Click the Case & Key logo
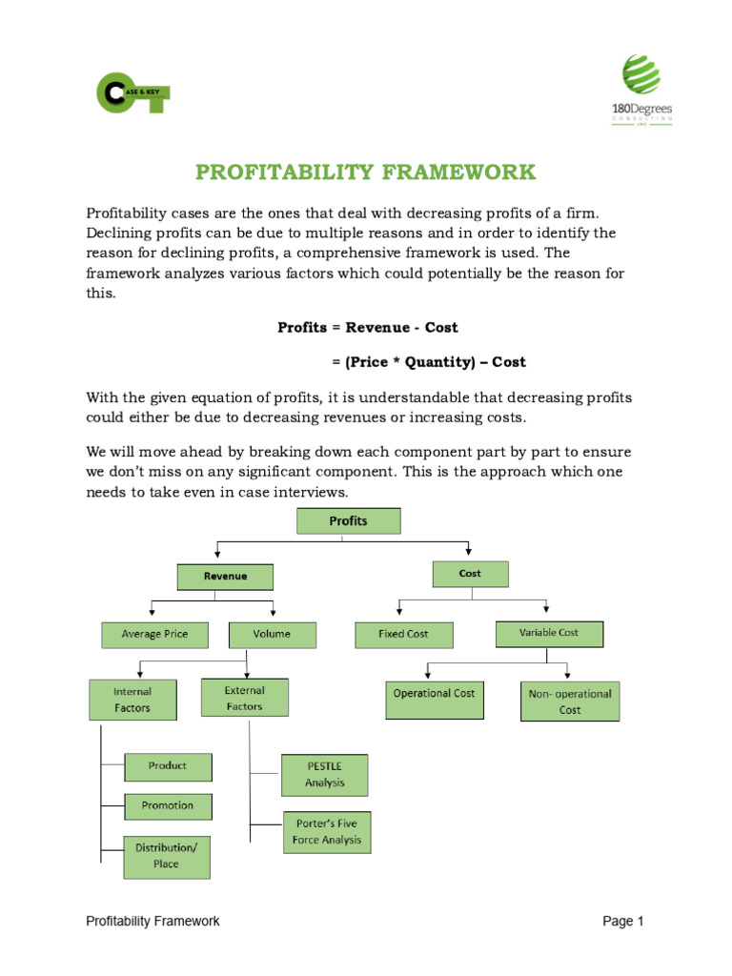[133, 93]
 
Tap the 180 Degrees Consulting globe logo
[640, 76]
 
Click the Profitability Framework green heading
[366, 173]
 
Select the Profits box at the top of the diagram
[348, 521]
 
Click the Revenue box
[225, 577]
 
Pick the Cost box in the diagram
[470, 574]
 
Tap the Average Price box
[154, 634]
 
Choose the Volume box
[272, 634]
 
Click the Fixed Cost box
[403, 635]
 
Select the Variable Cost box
[548, 633]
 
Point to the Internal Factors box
[132, 700]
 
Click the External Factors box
[245, 698]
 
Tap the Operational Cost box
[434, 699]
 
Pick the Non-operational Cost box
[570, 701]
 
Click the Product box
[168, 766]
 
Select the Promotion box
[168, 806]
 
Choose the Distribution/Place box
[167, 856]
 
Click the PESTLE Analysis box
[325, 775]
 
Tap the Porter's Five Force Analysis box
[327, 832]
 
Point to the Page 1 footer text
[623, 921]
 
